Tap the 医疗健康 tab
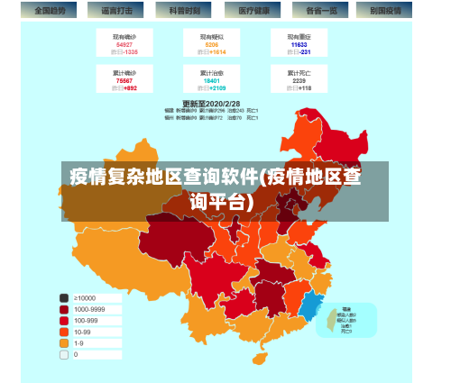[253, 11]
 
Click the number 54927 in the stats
[124, 44]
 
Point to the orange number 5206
[212, 44]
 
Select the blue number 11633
[299, 44]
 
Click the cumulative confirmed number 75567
[124, 80]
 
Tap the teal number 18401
[212, 80]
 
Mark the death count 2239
[299, 80]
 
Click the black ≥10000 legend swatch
[64, 298]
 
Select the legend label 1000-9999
[90, 309]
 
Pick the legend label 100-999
[87, 320]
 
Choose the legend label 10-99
[84, 332]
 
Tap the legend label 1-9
[79, 343]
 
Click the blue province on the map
[310, 308]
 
